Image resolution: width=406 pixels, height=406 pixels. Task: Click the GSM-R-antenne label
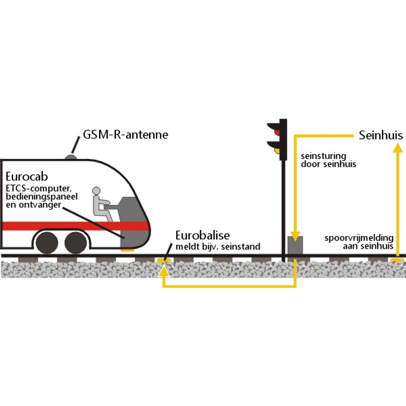125,134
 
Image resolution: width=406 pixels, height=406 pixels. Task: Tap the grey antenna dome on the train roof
71,157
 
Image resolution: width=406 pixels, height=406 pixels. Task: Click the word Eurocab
27,177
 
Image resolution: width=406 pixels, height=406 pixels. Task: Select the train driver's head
96,191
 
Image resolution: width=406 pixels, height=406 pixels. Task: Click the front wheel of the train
76,243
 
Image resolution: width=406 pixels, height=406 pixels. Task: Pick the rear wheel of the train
47,243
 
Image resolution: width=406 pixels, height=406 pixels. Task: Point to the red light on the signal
277,132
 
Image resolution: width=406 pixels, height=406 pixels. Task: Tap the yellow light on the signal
277,150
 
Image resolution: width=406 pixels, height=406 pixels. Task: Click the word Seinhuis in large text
381,136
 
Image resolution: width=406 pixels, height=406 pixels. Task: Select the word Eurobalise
202,235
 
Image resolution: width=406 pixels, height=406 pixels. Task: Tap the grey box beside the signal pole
295,245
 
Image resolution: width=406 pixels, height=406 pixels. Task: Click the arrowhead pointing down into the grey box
295,236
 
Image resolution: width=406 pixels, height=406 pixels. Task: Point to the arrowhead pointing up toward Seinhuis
397,149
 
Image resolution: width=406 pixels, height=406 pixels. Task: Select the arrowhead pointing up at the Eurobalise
163,270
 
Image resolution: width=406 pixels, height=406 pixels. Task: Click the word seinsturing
323,156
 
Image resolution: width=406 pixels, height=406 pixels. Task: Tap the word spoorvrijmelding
359,238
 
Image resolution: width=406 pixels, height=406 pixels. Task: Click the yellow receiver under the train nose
127,250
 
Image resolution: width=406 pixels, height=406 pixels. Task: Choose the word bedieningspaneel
42,197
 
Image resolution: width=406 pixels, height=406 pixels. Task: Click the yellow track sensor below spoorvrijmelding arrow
397,260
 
